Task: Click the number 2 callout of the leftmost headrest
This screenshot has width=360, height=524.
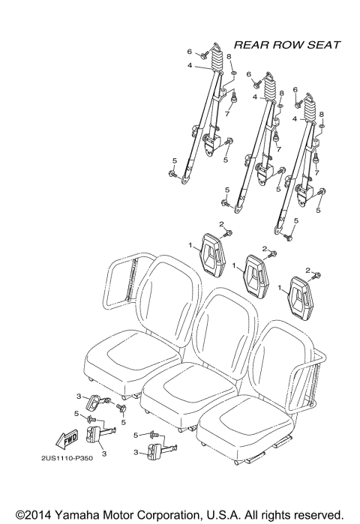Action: [x=221, y=224]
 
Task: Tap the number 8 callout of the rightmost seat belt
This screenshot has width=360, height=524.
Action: [x=322, y=114]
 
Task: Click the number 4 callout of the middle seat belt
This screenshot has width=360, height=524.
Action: [x=255, y=97]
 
